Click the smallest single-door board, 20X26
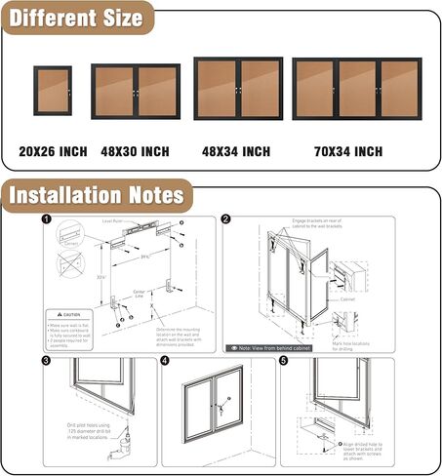coord(51,92)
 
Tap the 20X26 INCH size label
coord(53,151)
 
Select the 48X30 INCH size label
coord(134,151)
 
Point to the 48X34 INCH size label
coord(237,151)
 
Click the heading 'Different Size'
coord(76,17)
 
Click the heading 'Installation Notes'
coord(96,195)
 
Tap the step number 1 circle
coord(47,220)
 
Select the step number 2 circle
coord(226,220)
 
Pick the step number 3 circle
coord(47,362)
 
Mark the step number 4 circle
coord(165,362)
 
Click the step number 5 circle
coord(285,362)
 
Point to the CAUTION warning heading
coord(76,314)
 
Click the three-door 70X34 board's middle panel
coord(358,90)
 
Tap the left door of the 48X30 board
coord(115,92)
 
